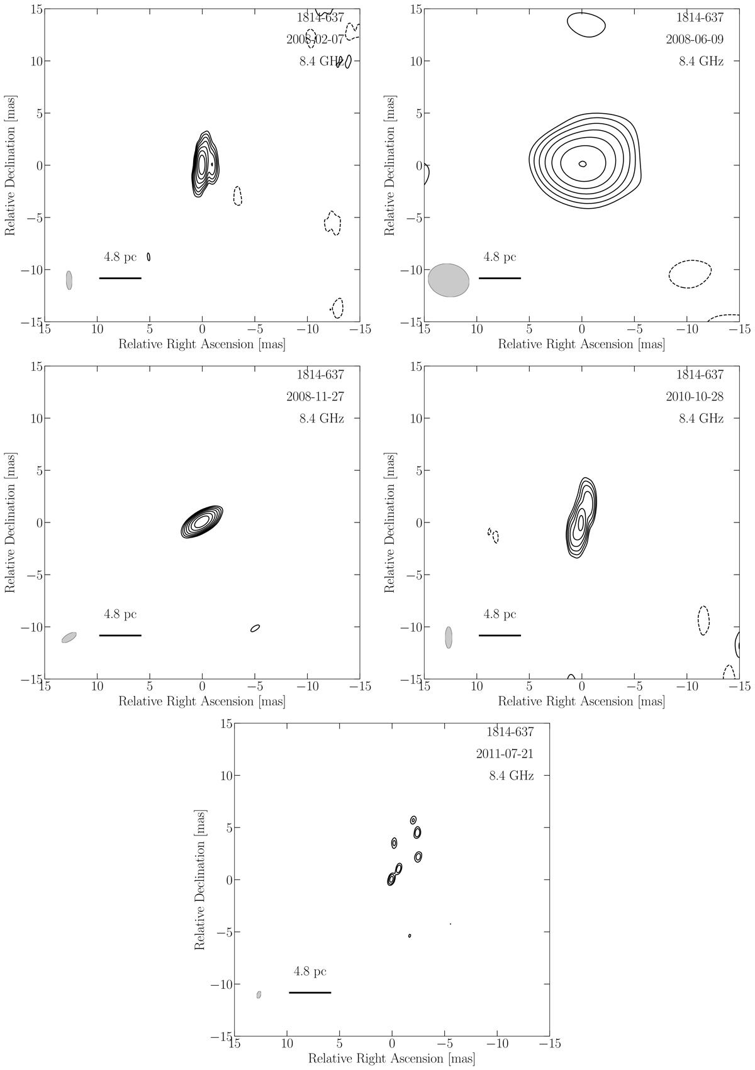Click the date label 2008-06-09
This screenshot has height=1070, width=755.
coord(694,39)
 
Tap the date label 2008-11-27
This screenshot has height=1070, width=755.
coord(315,397)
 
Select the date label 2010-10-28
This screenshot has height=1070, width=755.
coord(694,397)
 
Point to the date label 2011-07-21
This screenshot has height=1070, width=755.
coord(505,754)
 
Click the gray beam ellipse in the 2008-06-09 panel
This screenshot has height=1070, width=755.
coord(449,280)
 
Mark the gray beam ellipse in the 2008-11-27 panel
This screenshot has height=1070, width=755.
coord(69,637)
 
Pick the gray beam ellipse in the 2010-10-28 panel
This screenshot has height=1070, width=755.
coord(449,637)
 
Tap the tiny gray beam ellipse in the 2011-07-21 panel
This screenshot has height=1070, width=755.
coord(259,995)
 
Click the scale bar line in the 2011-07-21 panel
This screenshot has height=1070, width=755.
coord(310,993)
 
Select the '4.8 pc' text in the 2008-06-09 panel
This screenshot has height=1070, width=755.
coord(500,257)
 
